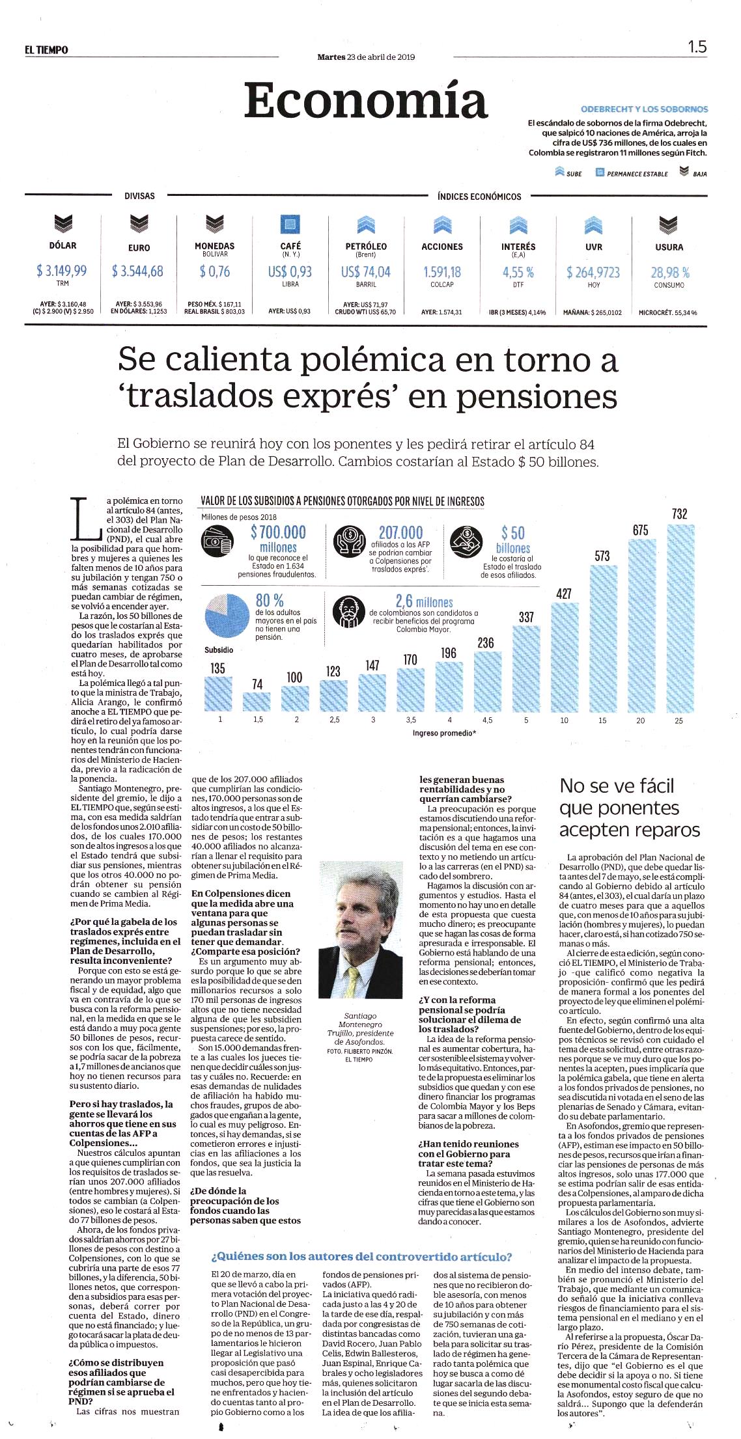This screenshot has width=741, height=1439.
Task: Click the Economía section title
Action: click(367, 100)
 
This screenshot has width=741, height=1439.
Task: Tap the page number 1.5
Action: click(697, 47)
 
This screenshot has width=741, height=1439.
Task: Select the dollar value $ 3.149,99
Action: click(62, 270)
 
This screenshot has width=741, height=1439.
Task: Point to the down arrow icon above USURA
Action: click(669, 225)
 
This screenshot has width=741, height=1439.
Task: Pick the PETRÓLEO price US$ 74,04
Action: click(366, 271)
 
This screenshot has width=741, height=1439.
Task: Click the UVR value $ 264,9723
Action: click(593, 271)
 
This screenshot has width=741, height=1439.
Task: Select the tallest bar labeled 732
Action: click(679, 618)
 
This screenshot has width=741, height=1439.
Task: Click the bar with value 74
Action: click(257, 701)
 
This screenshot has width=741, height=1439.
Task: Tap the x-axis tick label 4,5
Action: click(486, 720)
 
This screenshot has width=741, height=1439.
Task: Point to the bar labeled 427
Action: click(564, 657)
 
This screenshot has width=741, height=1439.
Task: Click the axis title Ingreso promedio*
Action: click(444, 733)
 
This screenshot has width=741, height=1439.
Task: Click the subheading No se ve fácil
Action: click(608, 786)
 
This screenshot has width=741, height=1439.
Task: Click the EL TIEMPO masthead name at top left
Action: click(43, 50)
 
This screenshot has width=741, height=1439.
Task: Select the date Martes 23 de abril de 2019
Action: click(366, 57)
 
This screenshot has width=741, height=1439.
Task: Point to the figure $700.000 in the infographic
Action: click(278, 532)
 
